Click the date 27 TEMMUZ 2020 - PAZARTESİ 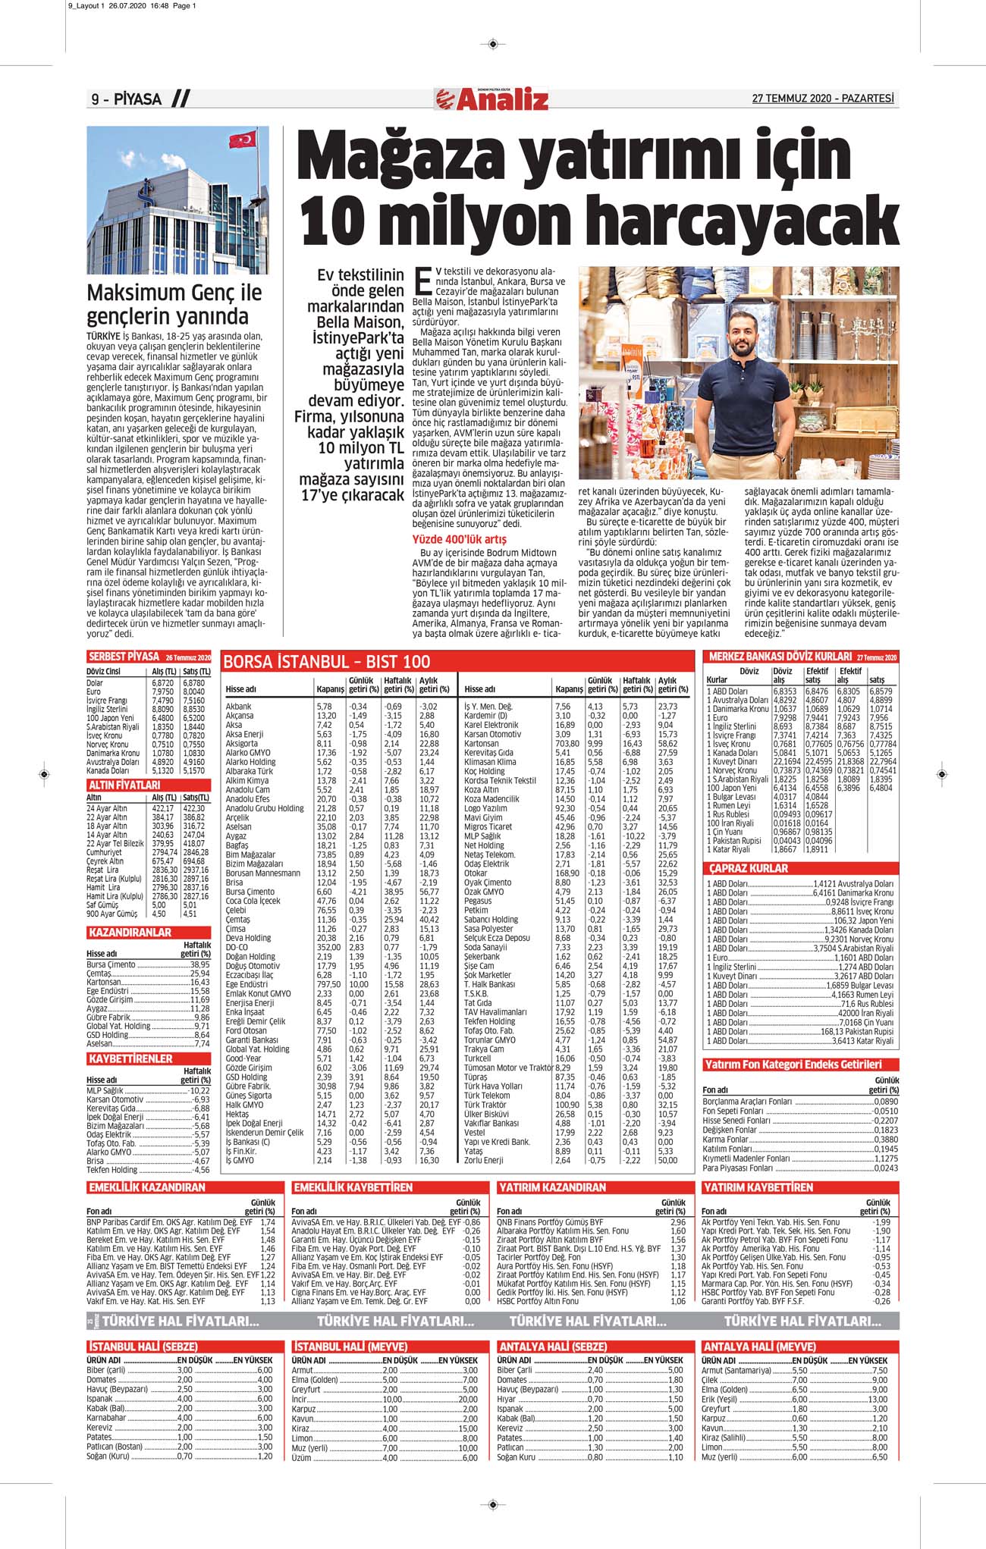(x=823, y=99)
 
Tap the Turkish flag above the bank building (x=242, y=140)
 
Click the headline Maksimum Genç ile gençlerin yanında (x=174, y=304)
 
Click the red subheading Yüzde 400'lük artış (x=459, y=539)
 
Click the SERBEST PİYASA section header (x=124, y=657)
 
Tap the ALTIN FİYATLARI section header (x=124, y=785)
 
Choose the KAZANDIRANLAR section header (x=130, y=933)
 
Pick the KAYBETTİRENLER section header (x=130, y=1058)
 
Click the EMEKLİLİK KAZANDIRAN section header (x=147, y=1187)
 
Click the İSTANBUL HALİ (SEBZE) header (x=143, y=1347)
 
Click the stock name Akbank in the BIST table (x=238, y=706)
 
